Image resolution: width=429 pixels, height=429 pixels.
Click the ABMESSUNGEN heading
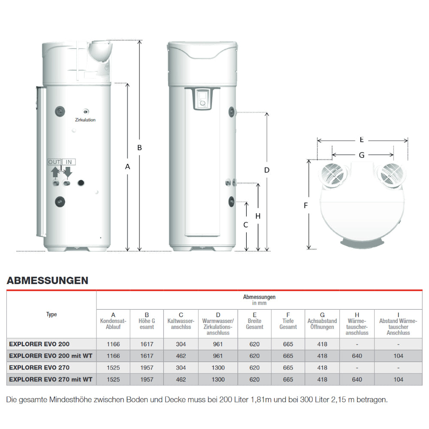click(x=48, y=281)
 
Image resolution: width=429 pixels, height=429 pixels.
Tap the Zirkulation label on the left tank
click(x=85, y=120)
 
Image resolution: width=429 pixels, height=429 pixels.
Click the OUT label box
click(x=54, y=162)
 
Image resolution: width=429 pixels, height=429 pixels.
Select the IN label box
click(x=69, y=162)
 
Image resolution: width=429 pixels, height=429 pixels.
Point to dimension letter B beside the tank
click(x=139, y=148)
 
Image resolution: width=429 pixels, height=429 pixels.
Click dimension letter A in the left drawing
click(x=127, y=167)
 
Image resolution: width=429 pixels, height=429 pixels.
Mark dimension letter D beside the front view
click(x=267, y=170)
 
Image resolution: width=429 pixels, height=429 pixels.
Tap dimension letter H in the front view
click(x=258, y=216)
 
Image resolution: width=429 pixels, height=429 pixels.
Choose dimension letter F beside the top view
click(x=306, y=205)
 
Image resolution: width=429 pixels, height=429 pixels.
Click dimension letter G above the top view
click(x=362, y=155)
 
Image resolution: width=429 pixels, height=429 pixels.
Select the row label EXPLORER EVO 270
click(x=39, y=368)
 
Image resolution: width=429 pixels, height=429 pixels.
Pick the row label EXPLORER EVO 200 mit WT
click(x=51, y=356)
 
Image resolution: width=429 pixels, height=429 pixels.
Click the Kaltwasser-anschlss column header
click(x=181, y=324)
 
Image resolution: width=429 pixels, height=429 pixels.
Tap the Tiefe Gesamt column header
click(x=288, y=324)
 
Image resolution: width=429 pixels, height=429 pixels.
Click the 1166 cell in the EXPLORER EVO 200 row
click(x=113, y=344)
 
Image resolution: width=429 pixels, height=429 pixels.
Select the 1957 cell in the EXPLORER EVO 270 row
click(x=147, y=368)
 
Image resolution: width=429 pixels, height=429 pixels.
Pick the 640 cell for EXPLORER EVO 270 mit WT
click(x=357, y=379)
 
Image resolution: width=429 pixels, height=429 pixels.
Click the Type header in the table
click(x=51, y=314)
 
